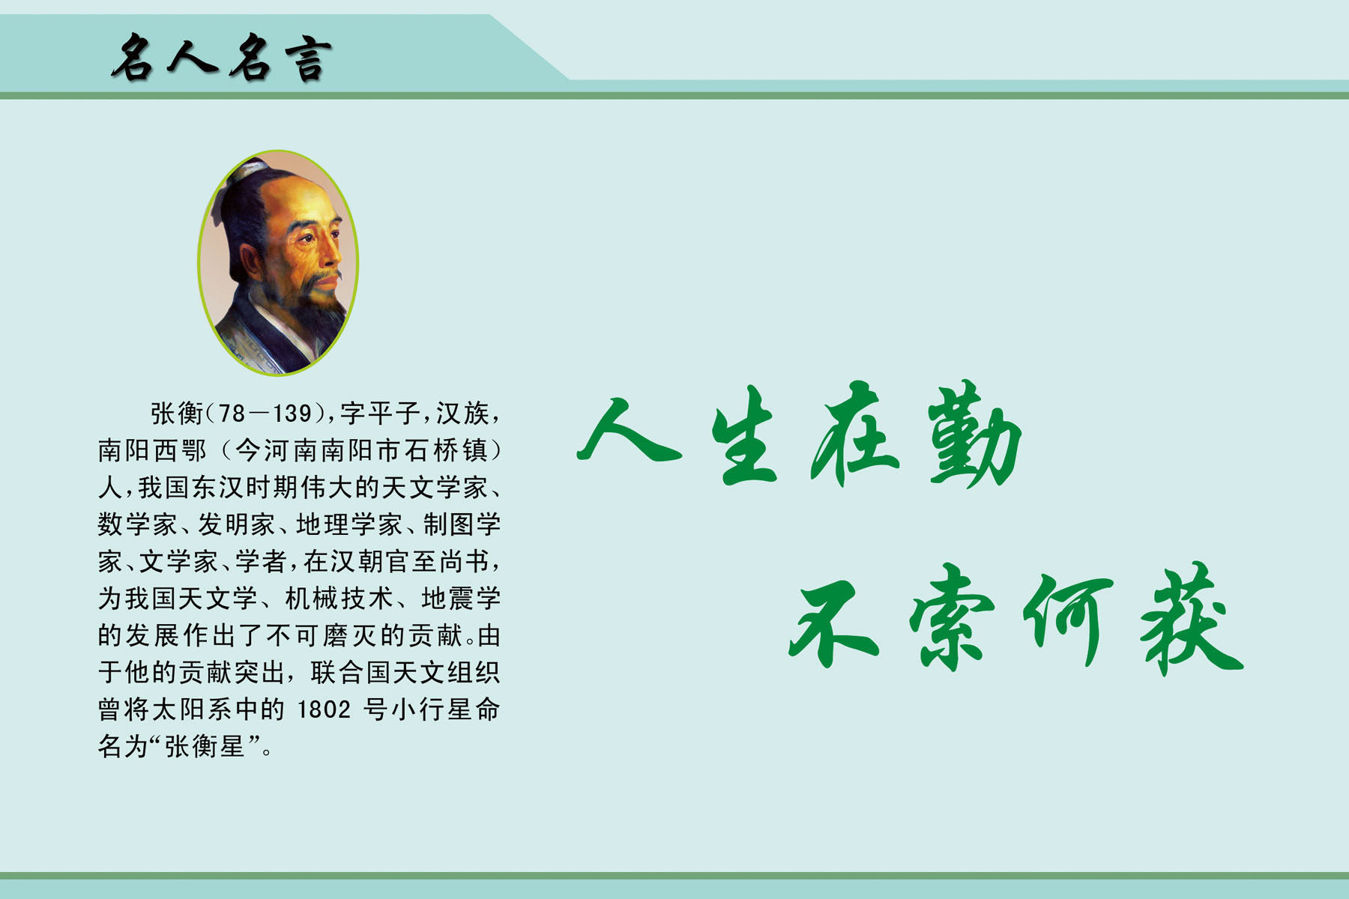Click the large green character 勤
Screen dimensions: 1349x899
click(975, 434)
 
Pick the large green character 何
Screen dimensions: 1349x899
click(1067, 619)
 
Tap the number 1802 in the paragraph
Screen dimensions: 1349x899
click(324, 709)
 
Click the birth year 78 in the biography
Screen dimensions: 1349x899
click(232, 413)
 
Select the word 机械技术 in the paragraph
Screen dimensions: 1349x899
click(339, 598)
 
